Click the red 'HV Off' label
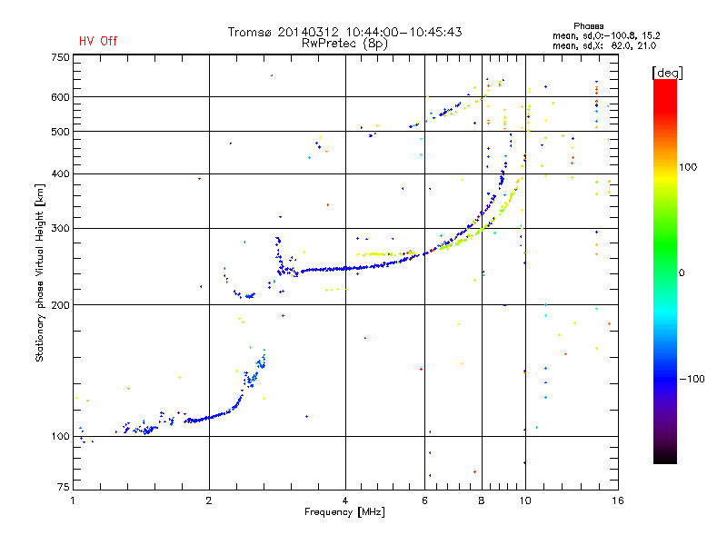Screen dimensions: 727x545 click(x=98, y=41)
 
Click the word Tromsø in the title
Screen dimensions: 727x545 click(x=249, y=32)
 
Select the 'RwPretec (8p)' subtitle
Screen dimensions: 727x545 click(x=344, y=44)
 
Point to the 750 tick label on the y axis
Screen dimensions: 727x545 click(x=60, y=57)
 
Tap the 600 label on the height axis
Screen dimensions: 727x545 click(x=60, y=97)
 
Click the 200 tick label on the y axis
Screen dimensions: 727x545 click(x=60, y=305)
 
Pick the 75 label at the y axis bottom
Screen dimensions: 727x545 click(x=64, y=487)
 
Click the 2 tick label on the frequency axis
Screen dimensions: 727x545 click(x=209, y=500)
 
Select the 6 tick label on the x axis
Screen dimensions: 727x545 click(x=424, y=500)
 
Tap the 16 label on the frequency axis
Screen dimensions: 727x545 click(x=618, y=500)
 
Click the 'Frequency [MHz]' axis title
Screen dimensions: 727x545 click(x=344, y=512)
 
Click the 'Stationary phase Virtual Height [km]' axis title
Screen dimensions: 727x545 click(x=40, y=273)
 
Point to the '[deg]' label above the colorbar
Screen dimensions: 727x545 click(x=667, y=73)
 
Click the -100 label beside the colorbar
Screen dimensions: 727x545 click(x=692, y=379)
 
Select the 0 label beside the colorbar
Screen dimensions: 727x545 click(x=682, y=273)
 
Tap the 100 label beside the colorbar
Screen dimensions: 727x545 click(x=688, y=167)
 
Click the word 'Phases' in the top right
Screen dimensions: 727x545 click(x=588, y=26)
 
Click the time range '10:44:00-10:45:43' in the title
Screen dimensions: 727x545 click(x=403, y=32)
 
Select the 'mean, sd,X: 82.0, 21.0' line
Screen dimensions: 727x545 click(x=604, y=46)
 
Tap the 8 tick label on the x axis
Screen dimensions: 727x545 click(x=482, y=500)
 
